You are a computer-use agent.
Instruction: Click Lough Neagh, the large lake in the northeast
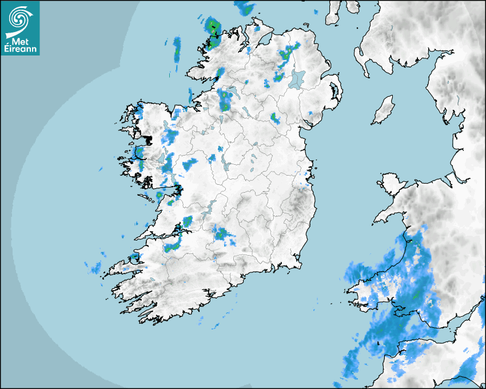click(298, 78)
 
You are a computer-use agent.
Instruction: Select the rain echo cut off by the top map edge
click(245, 7)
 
